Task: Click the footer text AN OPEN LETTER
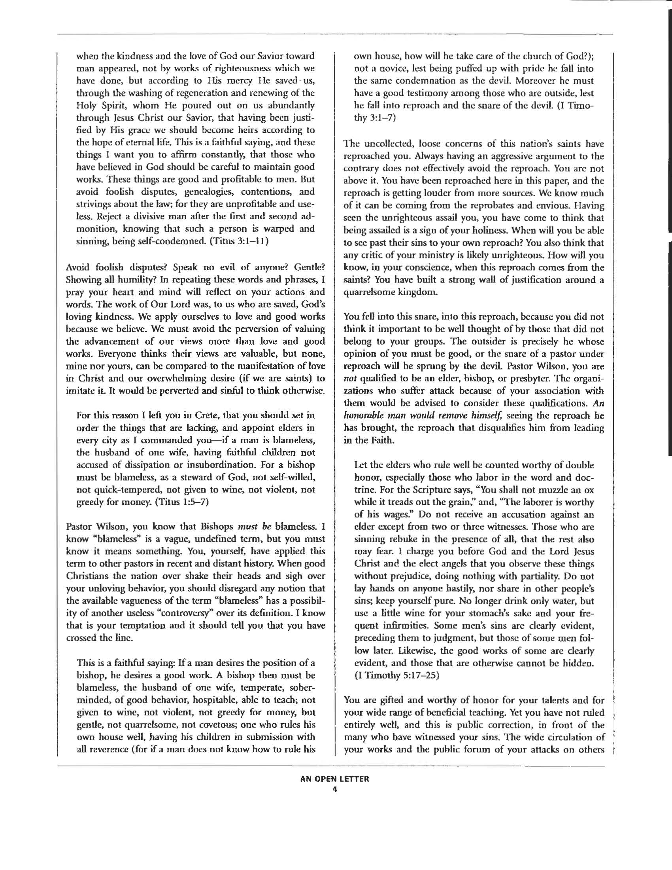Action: pos(334,779)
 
